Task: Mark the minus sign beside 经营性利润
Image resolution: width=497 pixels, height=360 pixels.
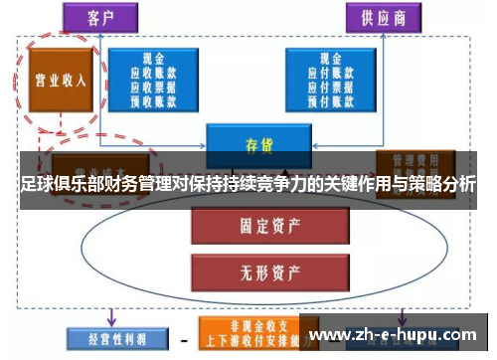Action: (x=183, y=339)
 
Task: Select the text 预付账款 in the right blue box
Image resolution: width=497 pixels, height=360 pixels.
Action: (x=332, y=100)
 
